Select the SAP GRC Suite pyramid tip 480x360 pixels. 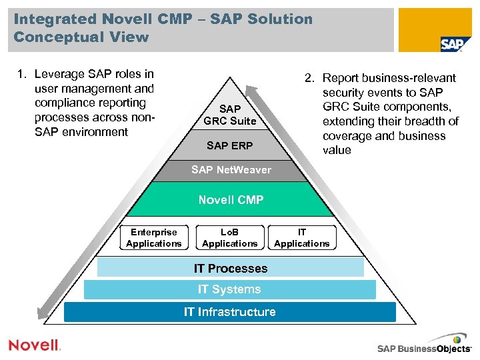230,114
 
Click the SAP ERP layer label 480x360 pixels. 230,145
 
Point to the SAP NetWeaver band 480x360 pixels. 231,169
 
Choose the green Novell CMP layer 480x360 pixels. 231,200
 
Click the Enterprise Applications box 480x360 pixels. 154,238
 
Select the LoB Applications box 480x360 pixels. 230,238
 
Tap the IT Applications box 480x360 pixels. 302,238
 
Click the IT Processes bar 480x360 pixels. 231,268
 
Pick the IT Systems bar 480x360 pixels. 229,289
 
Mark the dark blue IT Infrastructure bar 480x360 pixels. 230,312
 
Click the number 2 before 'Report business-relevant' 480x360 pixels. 309,79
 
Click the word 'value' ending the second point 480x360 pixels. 337,150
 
